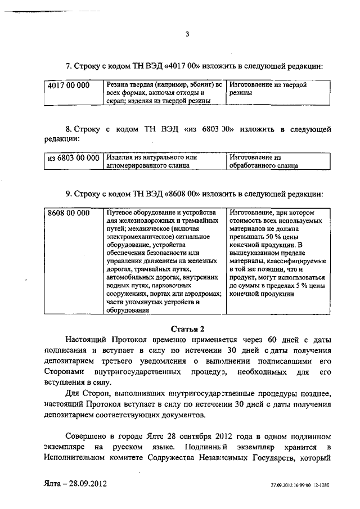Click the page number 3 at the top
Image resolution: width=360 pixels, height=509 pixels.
pyautogui.click(x=187, y=34)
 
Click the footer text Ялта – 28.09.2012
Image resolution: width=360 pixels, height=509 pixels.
pyautogui.click(x=75, y=483)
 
